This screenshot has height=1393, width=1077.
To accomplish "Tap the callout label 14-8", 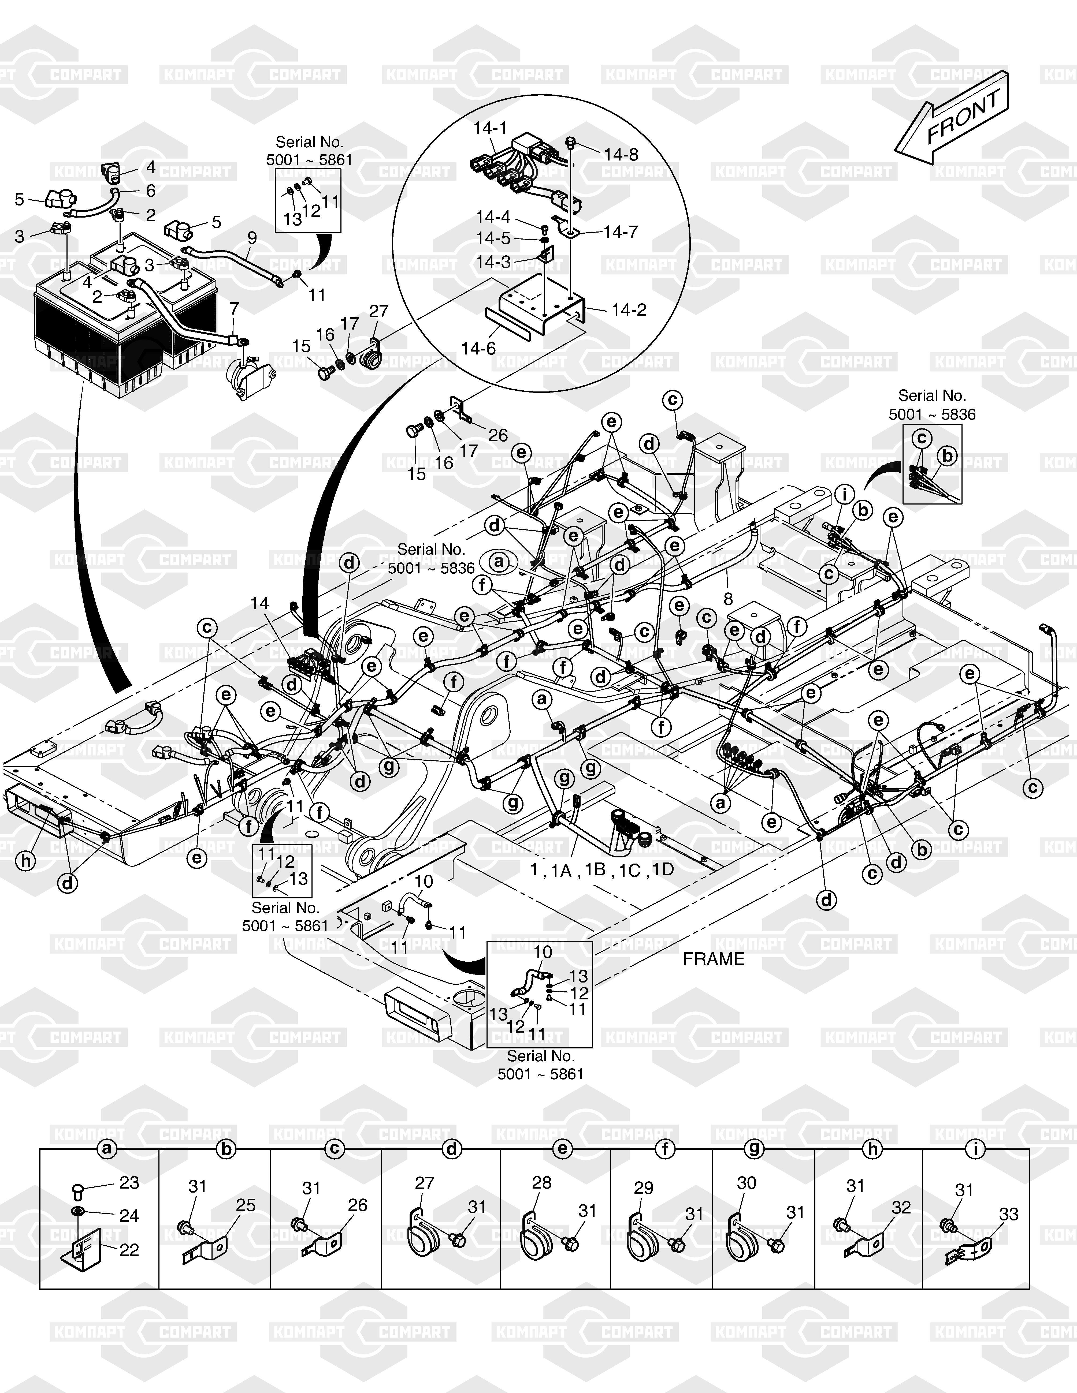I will click(x=621, y=154).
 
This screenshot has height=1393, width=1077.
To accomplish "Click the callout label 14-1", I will click(x=490, y=128).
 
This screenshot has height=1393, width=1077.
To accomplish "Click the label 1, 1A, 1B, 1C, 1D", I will click(x=602, y=870).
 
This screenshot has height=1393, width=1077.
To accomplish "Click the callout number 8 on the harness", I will click(x=728, y=599).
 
